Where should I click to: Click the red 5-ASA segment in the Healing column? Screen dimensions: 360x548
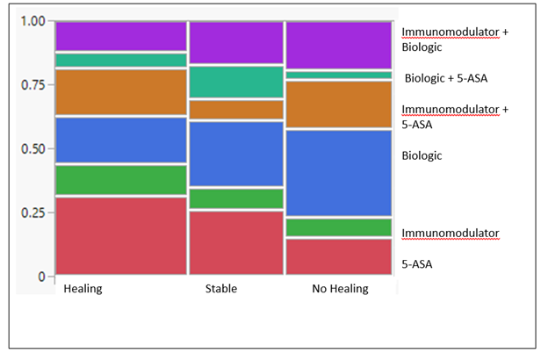121,235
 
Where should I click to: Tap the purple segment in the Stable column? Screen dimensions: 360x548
236,42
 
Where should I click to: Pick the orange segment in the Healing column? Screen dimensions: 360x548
121,91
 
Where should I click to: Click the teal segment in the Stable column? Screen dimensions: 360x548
236,82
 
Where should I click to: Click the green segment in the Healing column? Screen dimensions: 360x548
121,180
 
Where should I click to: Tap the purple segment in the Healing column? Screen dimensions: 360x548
121,36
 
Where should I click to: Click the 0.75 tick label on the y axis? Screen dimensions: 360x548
32,84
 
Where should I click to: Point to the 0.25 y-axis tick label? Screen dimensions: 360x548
32,212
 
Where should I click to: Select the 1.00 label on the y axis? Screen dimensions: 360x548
32,20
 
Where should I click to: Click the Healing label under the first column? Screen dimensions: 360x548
83,289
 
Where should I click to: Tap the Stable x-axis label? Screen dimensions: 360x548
221,289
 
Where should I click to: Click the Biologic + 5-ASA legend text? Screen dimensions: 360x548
445,78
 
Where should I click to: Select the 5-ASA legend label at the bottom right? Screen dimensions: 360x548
417,263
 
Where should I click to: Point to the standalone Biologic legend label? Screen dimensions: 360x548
422,155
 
